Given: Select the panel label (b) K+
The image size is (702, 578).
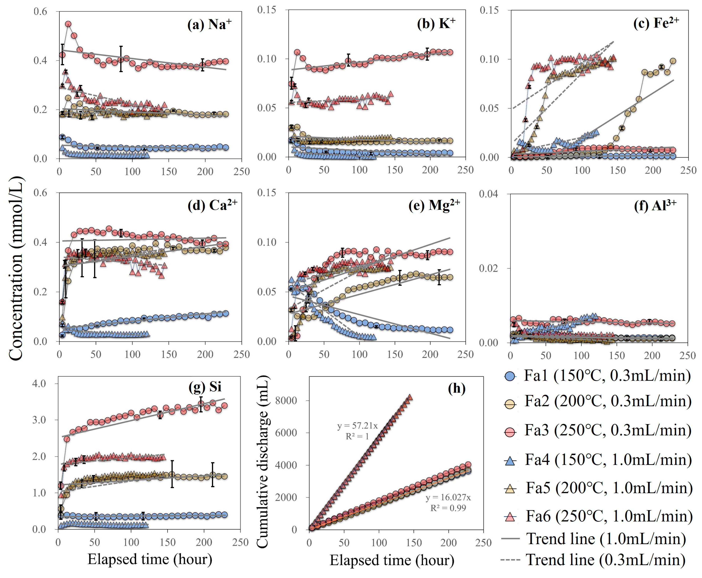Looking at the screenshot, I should (x=436, y=24).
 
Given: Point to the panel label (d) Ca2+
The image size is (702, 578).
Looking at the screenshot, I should (x=212, y=205).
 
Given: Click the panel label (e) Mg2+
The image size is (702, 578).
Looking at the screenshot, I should (x=434, y=205).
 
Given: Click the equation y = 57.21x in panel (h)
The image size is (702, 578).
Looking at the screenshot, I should (x=357, y=426).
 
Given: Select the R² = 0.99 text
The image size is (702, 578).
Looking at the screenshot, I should (x=448, y=508).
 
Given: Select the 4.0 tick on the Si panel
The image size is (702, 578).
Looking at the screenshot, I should (x=39, y=384).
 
